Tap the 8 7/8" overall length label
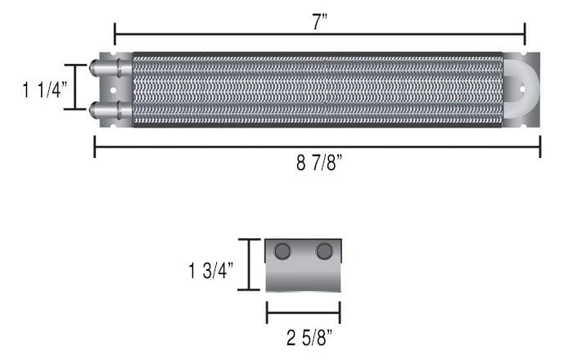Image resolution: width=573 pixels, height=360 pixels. (x=319, y=163)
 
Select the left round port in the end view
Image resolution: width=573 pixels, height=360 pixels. (x=283, y=251)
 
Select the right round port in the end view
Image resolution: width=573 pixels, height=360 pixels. (x=324, y=251)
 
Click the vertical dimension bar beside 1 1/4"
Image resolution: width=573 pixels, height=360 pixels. (x=76, y=87)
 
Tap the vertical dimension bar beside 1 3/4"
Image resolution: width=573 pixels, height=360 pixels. (x=249, y=264)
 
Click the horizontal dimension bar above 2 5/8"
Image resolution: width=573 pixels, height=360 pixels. (x=303, y=312)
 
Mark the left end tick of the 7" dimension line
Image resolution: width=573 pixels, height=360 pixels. (x=115, y=34)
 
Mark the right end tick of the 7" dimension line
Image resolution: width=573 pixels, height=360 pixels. (x=525, y=34)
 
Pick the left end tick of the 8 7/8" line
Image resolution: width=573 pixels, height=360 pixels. (x=95, y=146)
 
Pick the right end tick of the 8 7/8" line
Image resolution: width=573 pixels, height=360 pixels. (x=540, y=146)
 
